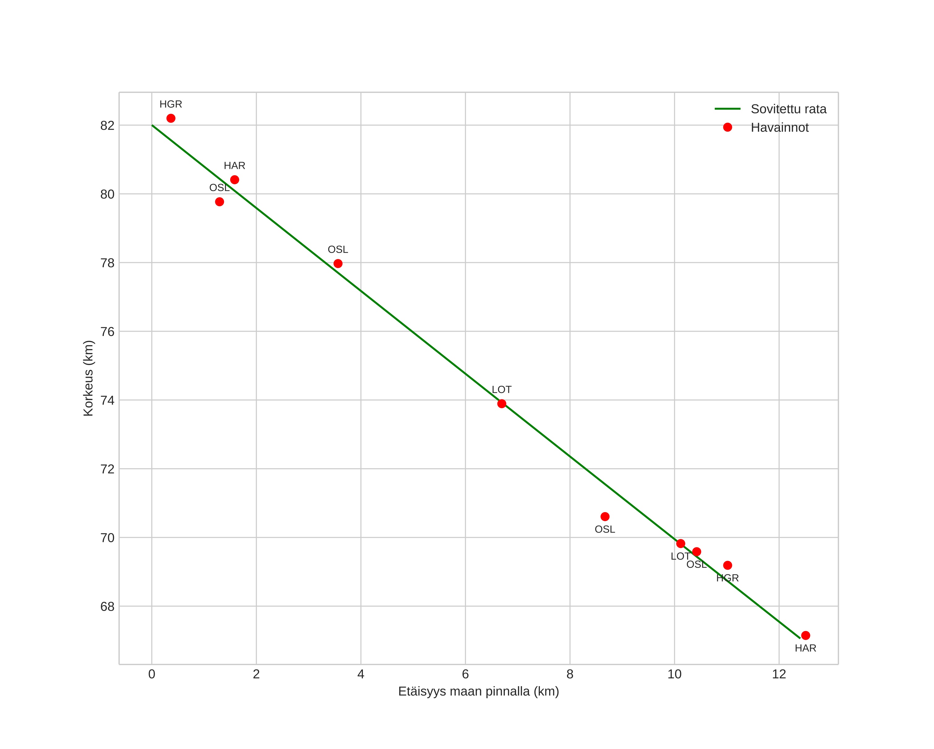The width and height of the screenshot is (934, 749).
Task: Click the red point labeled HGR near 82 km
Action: (x=171, y=118)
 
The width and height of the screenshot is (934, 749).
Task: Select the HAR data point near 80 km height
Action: (x=235, y=180)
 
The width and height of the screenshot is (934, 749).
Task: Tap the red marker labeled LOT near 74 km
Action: (x=502, y=403)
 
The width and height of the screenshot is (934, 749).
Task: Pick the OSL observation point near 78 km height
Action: (x=338, y=263)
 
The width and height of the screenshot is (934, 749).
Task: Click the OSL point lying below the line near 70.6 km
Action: (x=605, y=517)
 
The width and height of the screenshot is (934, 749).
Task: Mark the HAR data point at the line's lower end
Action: (x=805, y=635)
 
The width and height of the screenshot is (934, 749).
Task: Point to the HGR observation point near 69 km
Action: (x=727, y=565)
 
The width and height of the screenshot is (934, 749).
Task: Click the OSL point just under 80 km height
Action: (x=220, y=202)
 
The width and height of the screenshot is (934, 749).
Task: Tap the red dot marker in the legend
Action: (x=727, y=128)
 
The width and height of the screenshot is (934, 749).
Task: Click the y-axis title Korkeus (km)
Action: (x=88, y=378)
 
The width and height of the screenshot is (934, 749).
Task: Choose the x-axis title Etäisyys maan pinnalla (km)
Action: (x=478, y=691)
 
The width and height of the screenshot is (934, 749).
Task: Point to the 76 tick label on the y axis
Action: (x=107, y=332)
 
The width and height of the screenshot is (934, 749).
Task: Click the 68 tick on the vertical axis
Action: (x=107, y=606)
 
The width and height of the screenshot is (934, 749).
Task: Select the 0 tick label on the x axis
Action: (x=152, y=674)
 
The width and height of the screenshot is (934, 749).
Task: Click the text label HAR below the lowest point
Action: (x=805, y=648)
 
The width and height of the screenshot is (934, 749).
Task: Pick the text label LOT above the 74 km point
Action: (x=502, y=390)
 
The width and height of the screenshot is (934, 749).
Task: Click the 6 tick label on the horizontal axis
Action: (x=465, y=674)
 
